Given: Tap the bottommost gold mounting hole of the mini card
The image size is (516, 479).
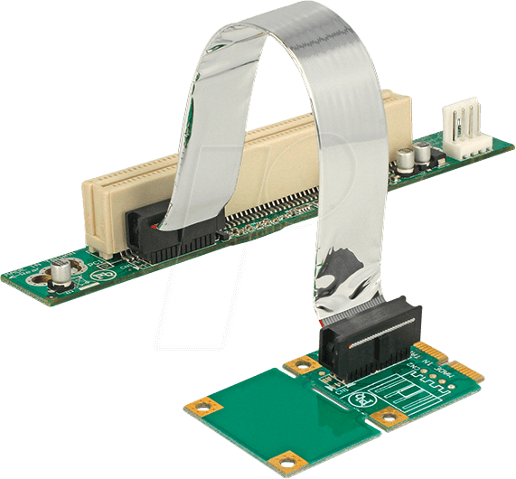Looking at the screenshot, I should coord(289,461).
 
